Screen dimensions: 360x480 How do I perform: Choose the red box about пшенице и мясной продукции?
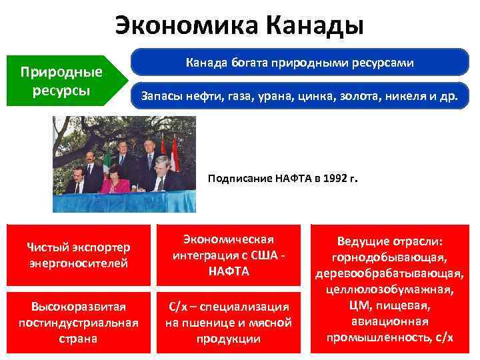229,322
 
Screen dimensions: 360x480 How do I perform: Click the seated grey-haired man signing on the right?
163,176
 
